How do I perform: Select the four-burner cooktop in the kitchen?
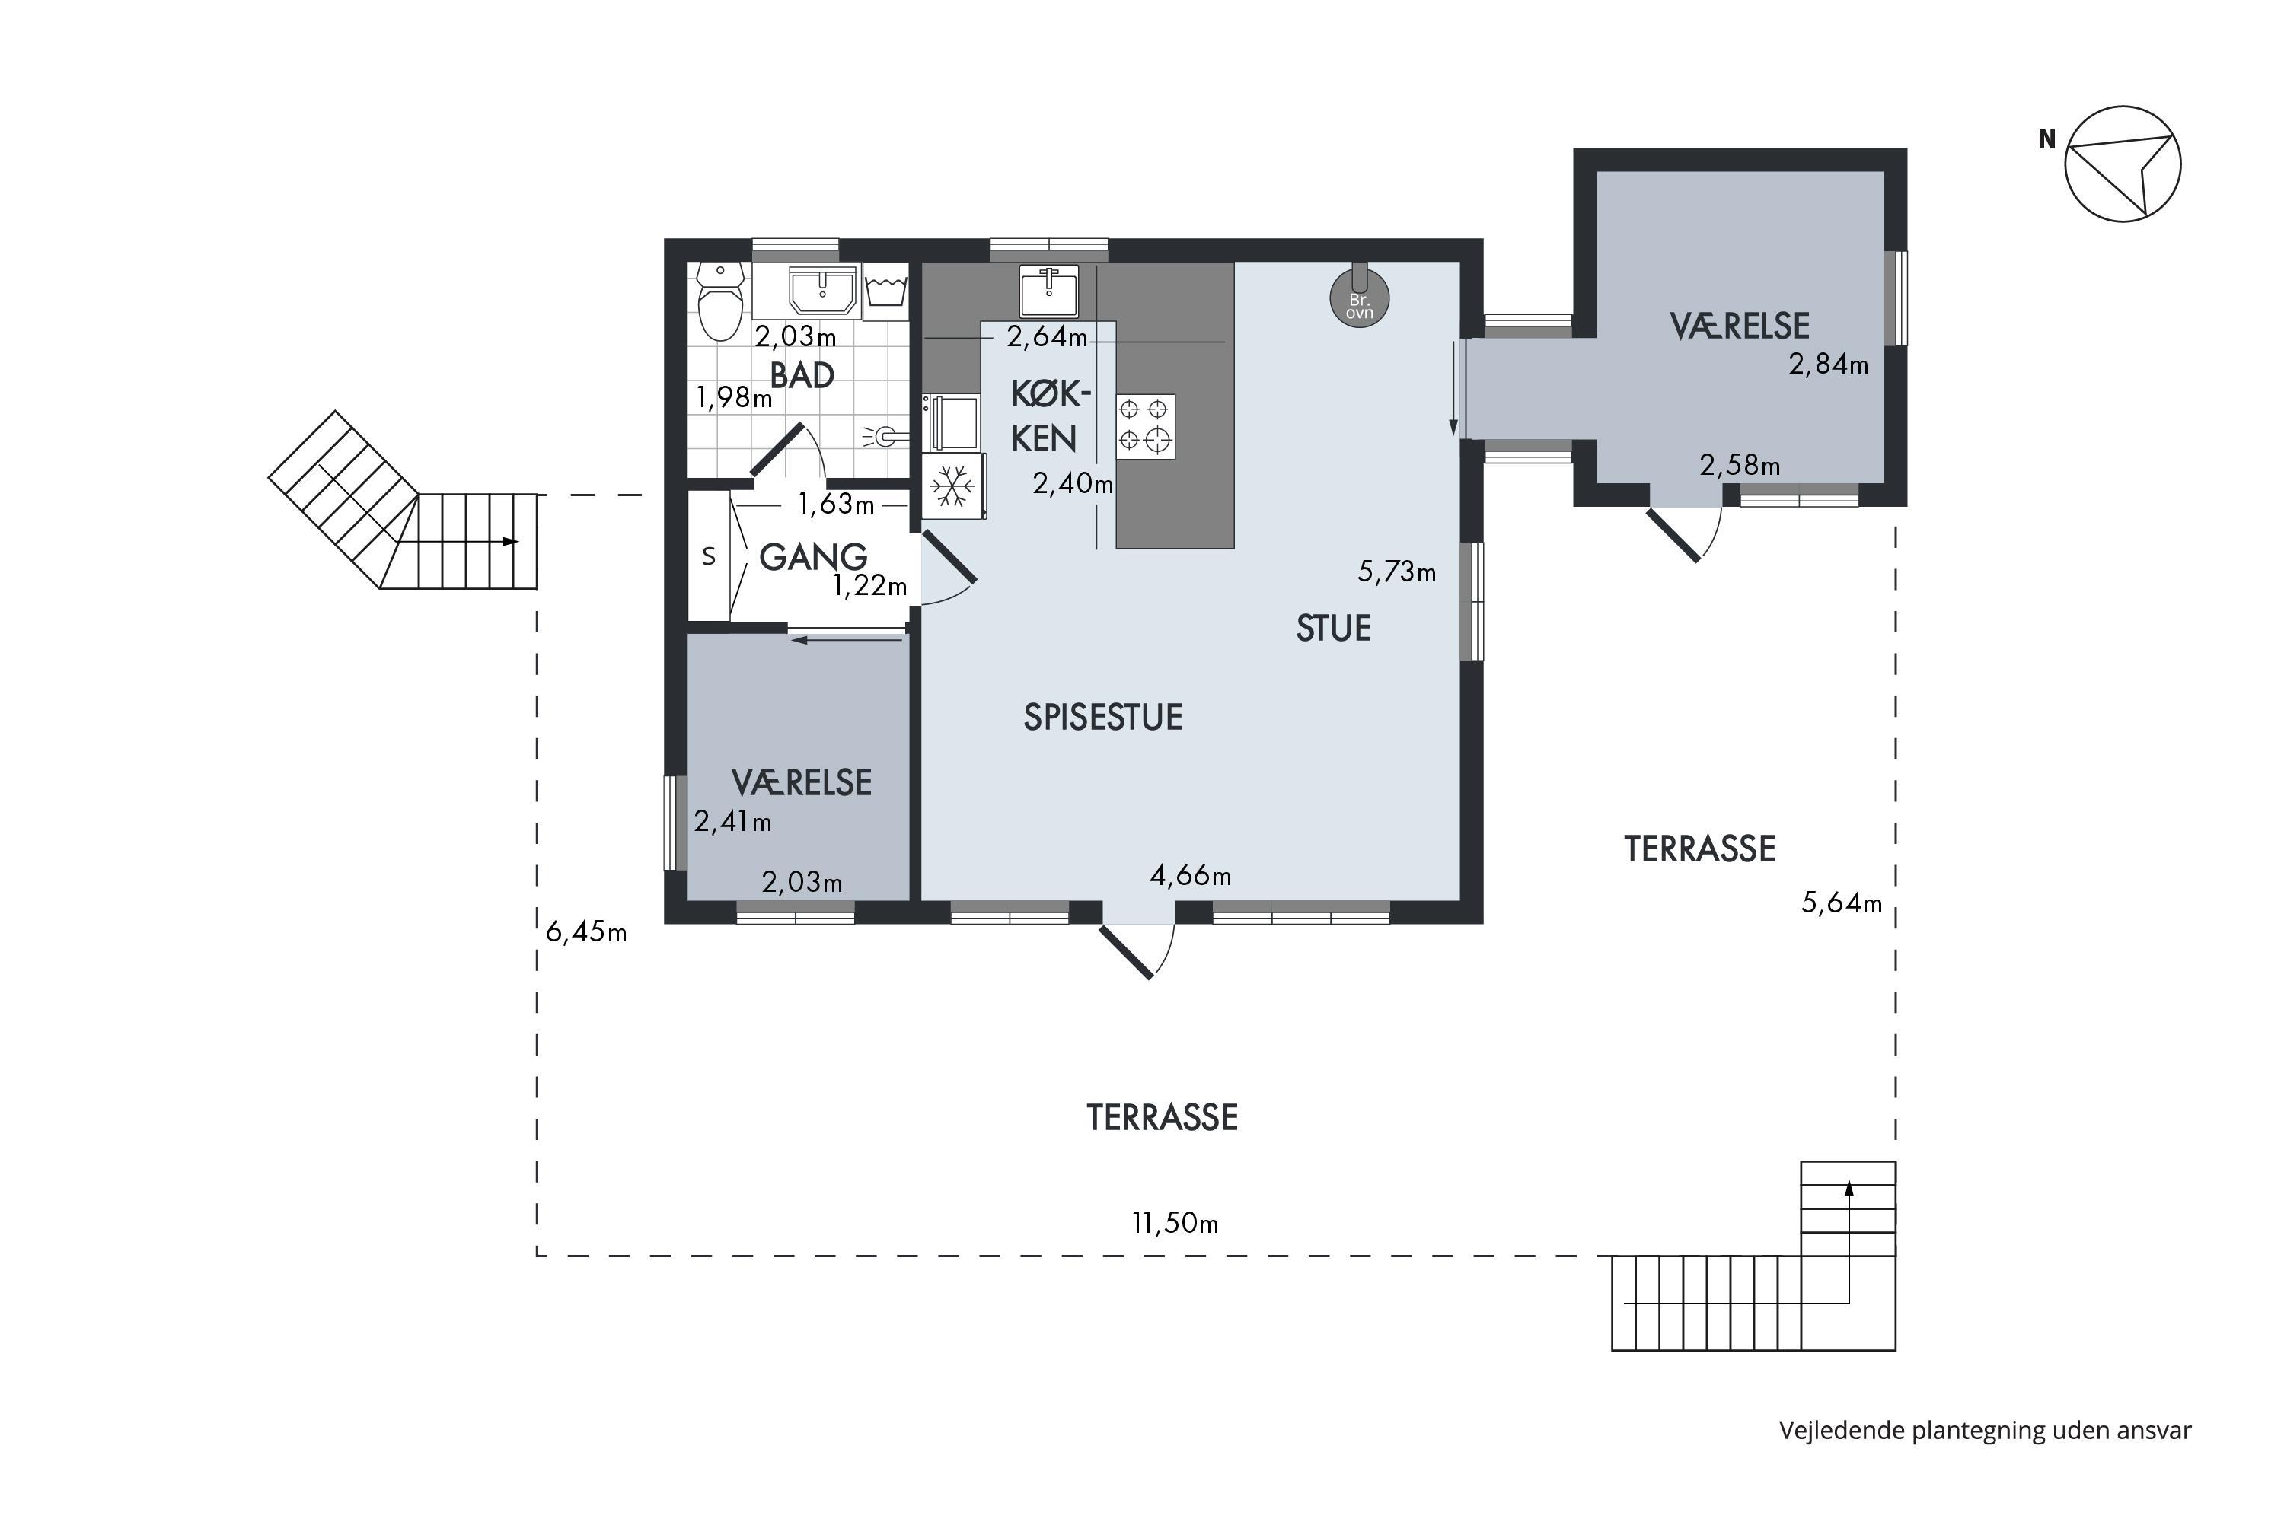click(1145, 426)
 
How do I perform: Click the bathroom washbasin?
click(822, 290)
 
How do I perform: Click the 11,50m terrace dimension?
click(1175, 1223)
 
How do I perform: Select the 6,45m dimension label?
click(585, 931)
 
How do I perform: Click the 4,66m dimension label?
click(1191, 877)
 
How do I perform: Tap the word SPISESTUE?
click(1103, 718)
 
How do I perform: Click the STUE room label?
click(1333, 629)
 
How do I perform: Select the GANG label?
click(813, 557)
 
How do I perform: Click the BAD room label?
click(802, 376)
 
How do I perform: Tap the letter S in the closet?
click(709, 556)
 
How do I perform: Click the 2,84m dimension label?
click(1829, 365)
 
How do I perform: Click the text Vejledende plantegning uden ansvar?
click(1985, 1431)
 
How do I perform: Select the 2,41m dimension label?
click(732, 822)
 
